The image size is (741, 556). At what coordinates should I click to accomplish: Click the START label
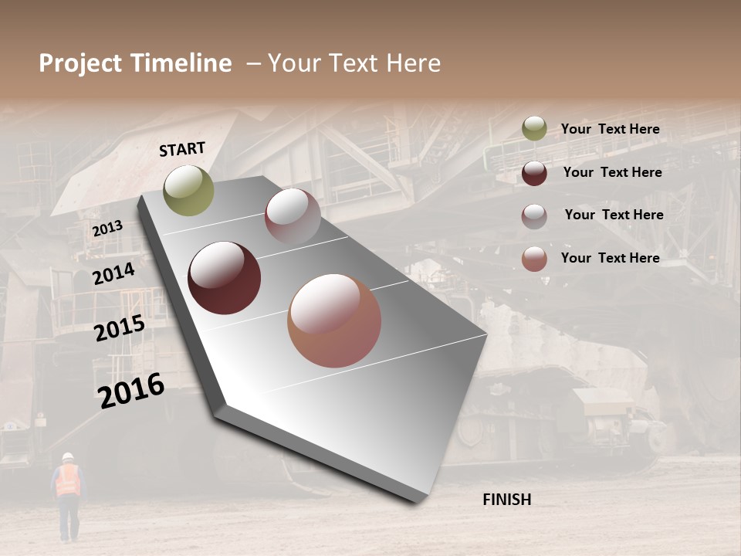click(182, 149)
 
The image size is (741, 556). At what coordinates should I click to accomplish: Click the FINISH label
click(506, 500)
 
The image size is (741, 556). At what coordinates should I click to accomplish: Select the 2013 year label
click(107, 229)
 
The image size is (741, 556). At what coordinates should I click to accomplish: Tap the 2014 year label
click(113, 274)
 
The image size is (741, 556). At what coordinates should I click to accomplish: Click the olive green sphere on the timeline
click(188, 190)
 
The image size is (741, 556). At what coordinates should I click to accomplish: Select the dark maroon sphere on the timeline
click(224, 278)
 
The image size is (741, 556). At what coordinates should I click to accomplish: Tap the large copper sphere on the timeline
click(334, 320)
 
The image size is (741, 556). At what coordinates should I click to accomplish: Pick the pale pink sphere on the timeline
click(293, 216)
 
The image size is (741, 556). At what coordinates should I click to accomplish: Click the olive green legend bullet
click(534, 129)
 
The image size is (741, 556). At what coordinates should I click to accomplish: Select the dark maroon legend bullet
click(534, 173)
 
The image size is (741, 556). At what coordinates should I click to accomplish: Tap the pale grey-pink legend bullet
click(534, 216)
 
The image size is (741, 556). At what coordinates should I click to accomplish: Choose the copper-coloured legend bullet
click(534, 259)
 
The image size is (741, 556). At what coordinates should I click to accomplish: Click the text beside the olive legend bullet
click(610, 130)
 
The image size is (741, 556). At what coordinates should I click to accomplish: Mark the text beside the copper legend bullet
click(610, 258)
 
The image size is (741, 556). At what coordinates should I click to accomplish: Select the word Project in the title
click(81, 63)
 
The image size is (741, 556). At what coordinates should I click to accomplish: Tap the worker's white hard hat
click(67, 456)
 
